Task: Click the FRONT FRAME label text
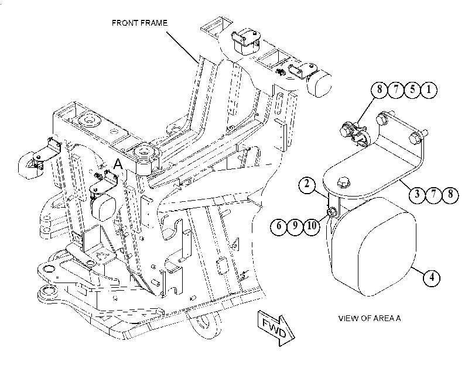(139, 23)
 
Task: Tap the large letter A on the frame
(118, 164)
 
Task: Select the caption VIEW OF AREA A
(369, 318)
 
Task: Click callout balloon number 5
(412, 89)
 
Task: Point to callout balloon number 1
(429, 89)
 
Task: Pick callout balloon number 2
(307, 184)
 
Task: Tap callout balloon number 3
(417, 194)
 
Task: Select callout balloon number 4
(432, 277)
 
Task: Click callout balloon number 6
(279, 225)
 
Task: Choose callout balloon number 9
(295, 225)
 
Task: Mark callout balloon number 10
(312, 225)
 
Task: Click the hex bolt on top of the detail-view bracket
(343, 182)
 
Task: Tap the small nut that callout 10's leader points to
(331, 212)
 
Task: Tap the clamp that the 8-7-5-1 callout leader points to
(354, 133)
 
